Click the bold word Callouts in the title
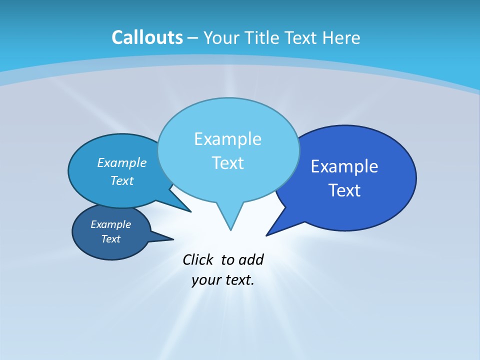tap(147, 37)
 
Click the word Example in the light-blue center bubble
tap(227, 139)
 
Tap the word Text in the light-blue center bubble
tap(227, 163)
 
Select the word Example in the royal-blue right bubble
tap(344, 166)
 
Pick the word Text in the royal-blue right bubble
tap(344, 190)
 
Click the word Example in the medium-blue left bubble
tap(122, 162)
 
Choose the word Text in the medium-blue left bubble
tap(122, 180)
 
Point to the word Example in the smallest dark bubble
tap(110, 224)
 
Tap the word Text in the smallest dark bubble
tap(110, 239)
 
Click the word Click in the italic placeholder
tap(198, 260)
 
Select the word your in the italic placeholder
tap(204, 280)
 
